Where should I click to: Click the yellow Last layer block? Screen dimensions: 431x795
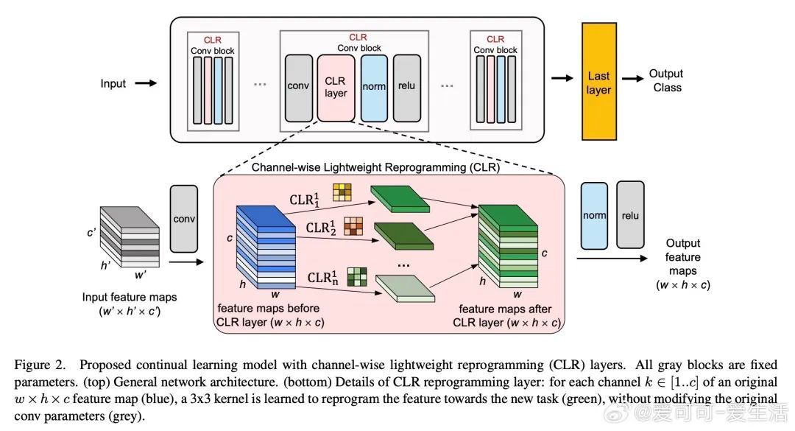(598, 82)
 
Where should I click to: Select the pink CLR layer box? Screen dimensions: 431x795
(336, 86)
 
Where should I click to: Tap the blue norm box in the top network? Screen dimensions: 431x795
(374, 86)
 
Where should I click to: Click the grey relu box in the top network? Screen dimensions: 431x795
(406, 86)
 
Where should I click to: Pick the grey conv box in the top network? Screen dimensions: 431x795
(297, 86)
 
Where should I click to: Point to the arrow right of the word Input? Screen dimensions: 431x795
(146, 83)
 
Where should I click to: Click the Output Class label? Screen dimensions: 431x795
(665, 80)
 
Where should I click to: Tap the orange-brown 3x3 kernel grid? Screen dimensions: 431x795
(353, 226)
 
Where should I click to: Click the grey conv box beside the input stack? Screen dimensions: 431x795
(184, 218)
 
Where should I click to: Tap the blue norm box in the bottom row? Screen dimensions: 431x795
(594, 215)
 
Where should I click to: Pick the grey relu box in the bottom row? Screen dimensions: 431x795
(630, 215)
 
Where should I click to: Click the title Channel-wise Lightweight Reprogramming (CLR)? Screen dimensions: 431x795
(375, 167)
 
